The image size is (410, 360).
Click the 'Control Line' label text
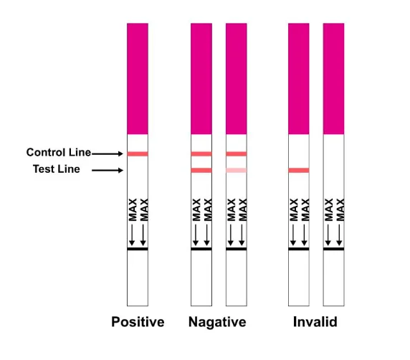click(x=59, y=152)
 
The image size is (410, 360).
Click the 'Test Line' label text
click(x=57, y=169)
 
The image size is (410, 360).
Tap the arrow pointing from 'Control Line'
click(x=108, y=153)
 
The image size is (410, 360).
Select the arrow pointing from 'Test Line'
click(x=108, y=171)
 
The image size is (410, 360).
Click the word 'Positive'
click(x=138, y=322)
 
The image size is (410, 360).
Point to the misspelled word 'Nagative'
click(x=217, y=322)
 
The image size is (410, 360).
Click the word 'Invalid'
click(x=315, y=321)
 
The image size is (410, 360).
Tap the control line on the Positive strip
click(x=138, y=154)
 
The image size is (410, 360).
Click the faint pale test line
click(x=237, y=171)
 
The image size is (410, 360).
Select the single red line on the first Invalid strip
click(x=299, y=171)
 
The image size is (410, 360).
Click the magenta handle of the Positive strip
click(x=138, y=79)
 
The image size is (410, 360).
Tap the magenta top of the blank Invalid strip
click(x=333, y=79)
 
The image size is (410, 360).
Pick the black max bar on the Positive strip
click(x=138, y=249)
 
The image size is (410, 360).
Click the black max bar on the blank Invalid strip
click(x=333, y=249)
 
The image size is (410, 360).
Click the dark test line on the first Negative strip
click(x=201, y=171)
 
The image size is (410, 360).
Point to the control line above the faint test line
click(x=237, y=154)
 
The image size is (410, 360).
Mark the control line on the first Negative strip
click(x=201, y=154)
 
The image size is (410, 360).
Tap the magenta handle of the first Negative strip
click(x=201, y=79)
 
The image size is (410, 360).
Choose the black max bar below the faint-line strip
click(x=237, y=249)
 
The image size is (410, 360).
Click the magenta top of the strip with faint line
click(x=237, y=79)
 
